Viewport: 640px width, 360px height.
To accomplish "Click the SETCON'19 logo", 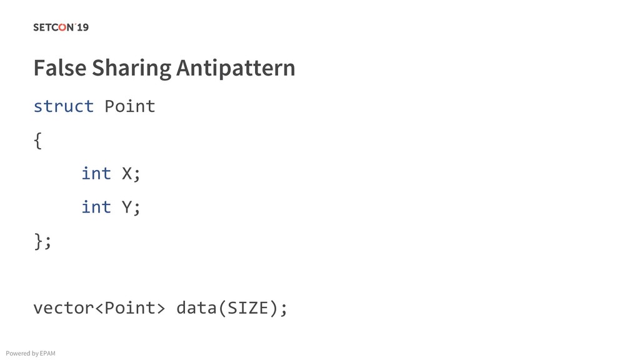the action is pos(61,27).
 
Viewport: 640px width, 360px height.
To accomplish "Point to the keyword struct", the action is pos(63,106).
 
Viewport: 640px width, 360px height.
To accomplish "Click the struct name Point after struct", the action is pos(129,106).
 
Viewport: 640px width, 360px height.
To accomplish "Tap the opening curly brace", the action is pos(37,141).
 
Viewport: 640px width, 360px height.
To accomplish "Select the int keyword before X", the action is pos(96,173).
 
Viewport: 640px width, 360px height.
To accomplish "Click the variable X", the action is pos(126,173).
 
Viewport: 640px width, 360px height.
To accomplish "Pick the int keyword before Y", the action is pos(96,207).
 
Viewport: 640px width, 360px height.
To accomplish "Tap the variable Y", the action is pos(126,207).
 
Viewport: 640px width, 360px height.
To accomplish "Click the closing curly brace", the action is pos(37,241).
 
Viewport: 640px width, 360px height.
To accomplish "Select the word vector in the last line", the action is pos(62,308).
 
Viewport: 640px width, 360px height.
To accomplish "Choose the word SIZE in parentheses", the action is pos(248,308).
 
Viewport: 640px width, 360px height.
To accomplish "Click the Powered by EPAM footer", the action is pos(31,354).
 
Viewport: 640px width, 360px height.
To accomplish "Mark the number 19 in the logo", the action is pos(82,27).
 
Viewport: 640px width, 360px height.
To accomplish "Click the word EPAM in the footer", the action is pos(47,354).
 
